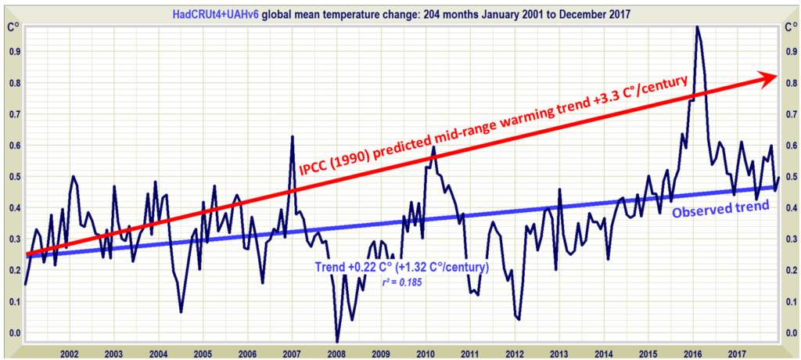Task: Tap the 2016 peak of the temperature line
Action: (x=696, y=27)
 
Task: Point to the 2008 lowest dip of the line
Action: (x=337, y=340)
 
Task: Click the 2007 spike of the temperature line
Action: (x=292, y=137)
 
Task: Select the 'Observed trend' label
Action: (x=720, y=207)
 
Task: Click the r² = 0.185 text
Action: (x=404, y=282)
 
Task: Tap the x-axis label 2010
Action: (x=426, y=353)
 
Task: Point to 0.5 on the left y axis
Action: (x=14, y=176)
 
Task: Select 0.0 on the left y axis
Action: (x=14, y=333)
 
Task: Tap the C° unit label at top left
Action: (x=13, y=27)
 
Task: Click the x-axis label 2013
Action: (x=560, y=353)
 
